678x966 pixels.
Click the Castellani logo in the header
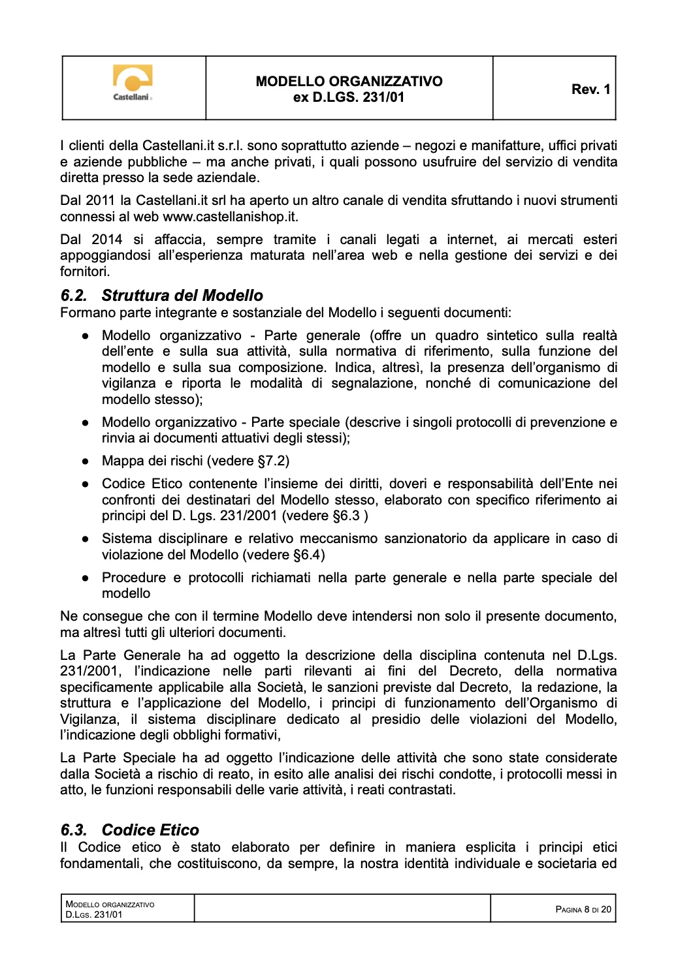tap(133, 84)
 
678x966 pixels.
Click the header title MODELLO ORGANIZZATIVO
tap(349, 82)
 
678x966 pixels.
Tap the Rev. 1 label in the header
tap(590, 89)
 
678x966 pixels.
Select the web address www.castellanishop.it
tap(230, 217)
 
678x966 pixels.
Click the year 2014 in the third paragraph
tap(106, 240)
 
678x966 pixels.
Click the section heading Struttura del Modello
tap(182, 296)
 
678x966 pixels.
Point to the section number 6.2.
tap(73, 296)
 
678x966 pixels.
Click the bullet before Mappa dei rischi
tap(85, 461)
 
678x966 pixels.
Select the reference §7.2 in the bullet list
tap(273, 461)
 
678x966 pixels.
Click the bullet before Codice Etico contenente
tap(85, 484)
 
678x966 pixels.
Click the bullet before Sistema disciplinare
tap(85, 539)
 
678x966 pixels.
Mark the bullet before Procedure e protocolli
tap(85, 578)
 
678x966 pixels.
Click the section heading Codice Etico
tap(150, 830)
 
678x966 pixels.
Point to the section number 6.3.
tap(73, 830)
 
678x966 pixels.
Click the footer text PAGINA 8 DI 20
tap(583, 909)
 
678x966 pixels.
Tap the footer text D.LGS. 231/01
tap(93, 914)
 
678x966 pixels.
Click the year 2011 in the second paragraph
tap(100, 200)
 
